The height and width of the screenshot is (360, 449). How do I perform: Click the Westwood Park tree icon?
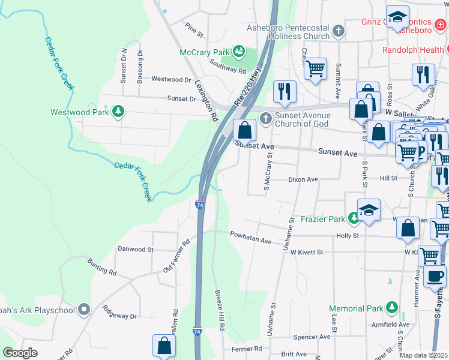[x=119, y=112]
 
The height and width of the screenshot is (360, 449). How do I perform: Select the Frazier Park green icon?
[x=354, y=219]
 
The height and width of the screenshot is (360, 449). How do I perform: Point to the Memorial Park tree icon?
[x=392, y=308]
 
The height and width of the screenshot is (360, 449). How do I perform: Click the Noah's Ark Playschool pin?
[x=85, y=310]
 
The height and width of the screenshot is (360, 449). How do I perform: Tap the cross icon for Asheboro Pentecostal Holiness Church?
[x=339, y=30]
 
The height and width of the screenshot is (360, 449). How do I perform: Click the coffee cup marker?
[x=435, y=277]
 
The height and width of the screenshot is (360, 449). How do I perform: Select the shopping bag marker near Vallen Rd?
[x=164, y=346]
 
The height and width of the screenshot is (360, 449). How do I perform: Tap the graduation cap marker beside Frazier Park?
[x=369, y=211]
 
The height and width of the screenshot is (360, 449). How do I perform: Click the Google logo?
[x=20, y=353]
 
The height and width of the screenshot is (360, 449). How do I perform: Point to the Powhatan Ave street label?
[x=251, y=242]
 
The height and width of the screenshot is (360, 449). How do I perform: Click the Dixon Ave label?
[x=303, y=179]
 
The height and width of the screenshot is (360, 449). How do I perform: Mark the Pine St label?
[x=191, y=28]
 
